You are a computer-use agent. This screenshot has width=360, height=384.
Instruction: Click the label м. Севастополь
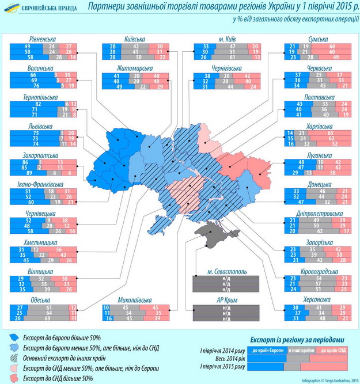[x=219, y=271]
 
